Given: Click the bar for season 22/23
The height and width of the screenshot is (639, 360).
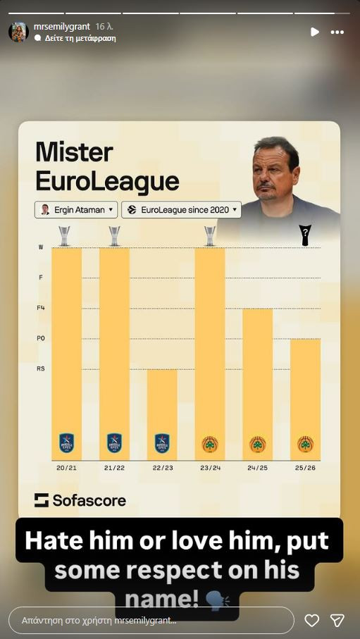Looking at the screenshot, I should click(x=162, y=412).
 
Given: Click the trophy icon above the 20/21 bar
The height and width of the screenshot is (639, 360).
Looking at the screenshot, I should click(x=65, y=235).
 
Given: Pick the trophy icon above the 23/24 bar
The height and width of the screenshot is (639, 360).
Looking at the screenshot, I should click(x=209, y=235).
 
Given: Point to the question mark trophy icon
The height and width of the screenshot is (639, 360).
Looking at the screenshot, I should click(x=305, y=235).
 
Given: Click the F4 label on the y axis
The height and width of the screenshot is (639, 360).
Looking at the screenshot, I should click(x=41, y=309).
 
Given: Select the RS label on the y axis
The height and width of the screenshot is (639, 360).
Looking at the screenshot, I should click(x=41, y=368).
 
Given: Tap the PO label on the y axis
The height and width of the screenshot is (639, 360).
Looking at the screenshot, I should click(x=41, y=339).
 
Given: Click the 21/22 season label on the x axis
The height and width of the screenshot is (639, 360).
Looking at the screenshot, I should click(x=114, y=468).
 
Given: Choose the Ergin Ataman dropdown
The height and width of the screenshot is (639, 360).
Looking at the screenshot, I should click(x=76, y=210).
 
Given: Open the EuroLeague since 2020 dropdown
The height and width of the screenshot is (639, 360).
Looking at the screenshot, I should click(x=181, y=210).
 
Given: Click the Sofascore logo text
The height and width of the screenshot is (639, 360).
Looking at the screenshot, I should click(x=80, y=500).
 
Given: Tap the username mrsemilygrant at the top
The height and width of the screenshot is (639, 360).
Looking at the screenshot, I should click(x=61, y=27).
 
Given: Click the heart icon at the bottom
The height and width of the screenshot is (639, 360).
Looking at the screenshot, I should click(x=311, y=620).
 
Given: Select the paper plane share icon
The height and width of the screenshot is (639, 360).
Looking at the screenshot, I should click(x=337, y=620).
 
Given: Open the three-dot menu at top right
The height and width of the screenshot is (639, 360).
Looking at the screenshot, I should click(x=337, y=32).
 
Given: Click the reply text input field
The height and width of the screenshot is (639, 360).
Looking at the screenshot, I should click(x=151, y=620).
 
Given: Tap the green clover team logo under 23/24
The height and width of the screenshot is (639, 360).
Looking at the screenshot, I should click(x=209, y=445).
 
